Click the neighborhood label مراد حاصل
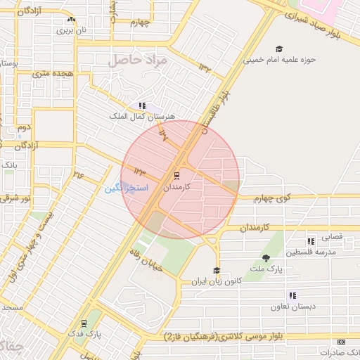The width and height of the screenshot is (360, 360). point(138,60)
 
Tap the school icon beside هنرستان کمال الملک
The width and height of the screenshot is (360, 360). point(142,105)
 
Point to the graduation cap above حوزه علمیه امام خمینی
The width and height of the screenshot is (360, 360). point(280,49)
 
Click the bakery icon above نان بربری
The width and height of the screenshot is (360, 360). point(72,21)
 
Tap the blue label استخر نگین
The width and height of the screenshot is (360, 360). point(127,188)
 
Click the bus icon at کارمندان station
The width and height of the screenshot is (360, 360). point(176,175)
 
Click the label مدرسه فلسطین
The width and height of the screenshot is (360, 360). point(336,252)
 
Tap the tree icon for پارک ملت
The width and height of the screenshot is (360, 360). point(266,258)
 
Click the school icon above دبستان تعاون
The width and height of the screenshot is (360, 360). point(292,296)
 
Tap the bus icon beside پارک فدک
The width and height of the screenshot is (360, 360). point(84,324)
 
